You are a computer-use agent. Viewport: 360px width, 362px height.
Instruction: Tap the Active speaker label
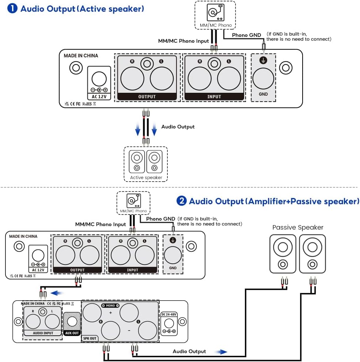[146, 178]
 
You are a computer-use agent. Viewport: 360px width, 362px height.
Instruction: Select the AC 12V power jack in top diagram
[99, 79]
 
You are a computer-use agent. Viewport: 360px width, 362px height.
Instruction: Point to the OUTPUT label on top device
[147, 97]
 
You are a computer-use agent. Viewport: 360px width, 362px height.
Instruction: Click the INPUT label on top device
[214, 97]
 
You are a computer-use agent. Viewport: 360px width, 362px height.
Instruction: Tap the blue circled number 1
[12, 8]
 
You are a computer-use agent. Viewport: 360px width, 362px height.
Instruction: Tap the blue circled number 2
[182, 201]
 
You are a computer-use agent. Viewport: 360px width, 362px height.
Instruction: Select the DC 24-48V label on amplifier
[169, 314]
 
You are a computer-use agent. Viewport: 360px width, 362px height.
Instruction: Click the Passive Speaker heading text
[298, 228]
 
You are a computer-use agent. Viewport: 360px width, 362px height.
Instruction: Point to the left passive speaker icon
[283, 254]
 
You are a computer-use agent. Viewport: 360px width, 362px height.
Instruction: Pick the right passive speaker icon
[312, 254]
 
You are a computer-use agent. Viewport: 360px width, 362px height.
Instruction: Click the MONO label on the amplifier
[110, 305]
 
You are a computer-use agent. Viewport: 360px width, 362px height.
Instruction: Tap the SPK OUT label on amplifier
[90, 338]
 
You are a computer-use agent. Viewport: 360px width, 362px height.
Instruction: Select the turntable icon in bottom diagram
[133, 201]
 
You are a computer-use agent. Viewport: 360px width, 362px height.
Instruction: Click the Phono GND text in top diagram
[247, 35]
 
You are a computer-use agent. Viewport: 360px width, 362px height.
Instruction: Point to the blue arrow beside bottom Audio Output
[220, 352]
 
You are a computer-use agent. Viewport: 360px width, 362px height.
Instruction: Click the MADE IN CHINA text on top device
[81, 56]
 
